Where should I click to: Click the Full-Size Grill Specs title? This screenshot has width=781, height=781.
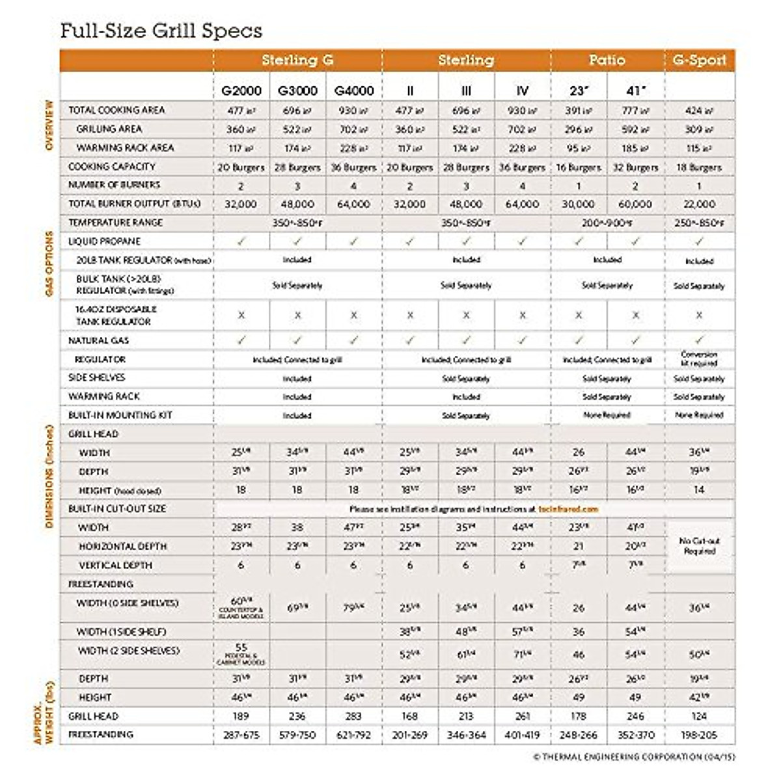click(x=161, y=31)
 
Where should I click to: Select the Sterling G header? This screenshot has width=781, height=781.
click(x=297, y=61)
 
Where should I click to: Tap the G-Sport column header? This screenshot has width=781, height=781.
click(x=699, y=61)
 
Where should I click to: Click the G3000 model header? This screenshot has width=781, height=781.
click(x=297, y=91)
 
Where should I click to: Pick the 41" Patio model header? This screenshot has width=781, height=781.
click(x=635, y=91)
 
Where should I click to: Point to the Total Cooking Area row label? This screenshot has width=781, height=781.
click(x=116, y=110)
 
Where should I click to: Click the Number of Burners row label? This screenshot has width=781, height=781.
click(x=114, y=185)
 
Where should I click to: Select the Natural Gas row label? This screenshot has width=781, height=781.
click(x=98, y=340)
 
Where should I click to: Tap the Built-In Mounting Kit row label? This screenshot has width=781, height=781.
click(x=120, y=415)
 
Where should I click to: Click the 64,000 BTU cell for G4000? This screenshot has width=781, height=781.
click(x=353, y=204)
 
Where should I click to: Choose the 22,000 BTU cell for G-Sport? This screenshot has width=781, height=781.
click(x=699, y=204)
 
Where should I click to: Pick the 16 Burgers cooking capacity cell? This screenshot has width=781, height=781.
click(x=579, y=167)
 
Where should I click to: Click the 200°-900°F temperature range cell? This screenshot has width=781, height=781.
click(x=607, y=223)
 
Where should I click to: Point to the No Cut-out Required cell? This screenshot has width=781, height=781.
click(x=699, y=546)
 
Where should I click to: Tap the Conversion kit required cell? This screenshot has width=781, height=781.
click(x=699, y=359)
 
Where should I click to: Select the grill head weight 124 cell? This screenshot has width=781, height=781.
click(x=699, y=716)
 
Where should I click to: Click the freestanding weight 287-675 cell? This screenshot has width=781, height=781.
click(x=241, y=735)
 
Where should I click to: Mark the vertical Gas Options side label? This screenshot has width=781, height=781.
click(x=49, y=264)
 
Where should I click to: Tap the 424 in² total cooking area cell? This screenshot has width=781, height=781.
click(x=699, y=111)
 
